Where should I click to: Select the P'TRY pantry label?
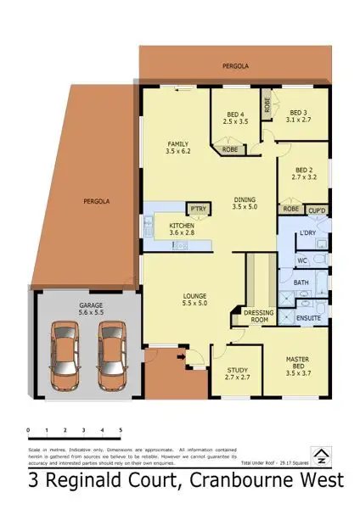(x=199, y=208)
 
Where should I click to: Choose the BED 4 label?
(x=234, y=115)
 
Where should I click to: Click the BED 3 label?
(x=297, y=111)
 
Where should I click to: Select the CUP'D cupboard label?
(x=318, y=209)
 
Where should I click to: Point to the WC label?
(x=301, y=260)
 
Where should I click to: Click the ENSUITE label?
(x=308, y=318)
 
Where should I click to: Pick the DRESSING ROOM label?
(x=258, y=316)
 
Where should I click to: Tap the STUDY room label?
(x=237, y=369)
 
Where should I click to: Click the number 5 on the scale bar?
(x=121, y=431)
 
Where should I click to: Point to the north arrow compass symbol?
(x=322, y=456)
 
